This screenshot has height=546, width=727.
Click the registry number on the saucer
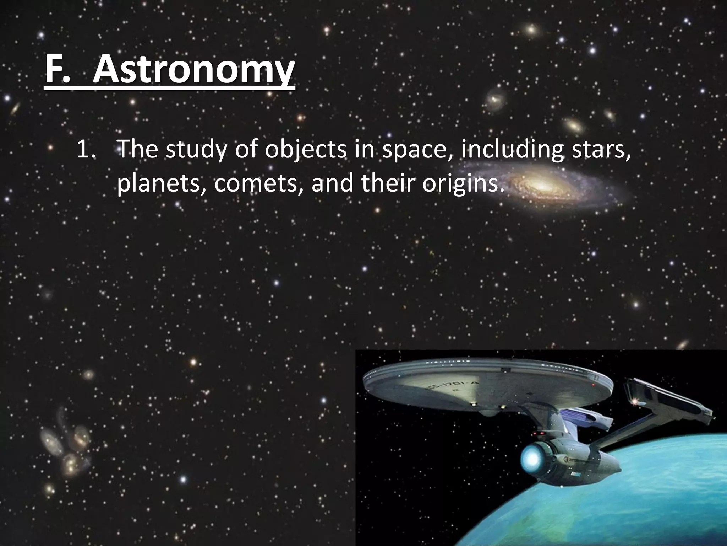coord(460,386)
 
